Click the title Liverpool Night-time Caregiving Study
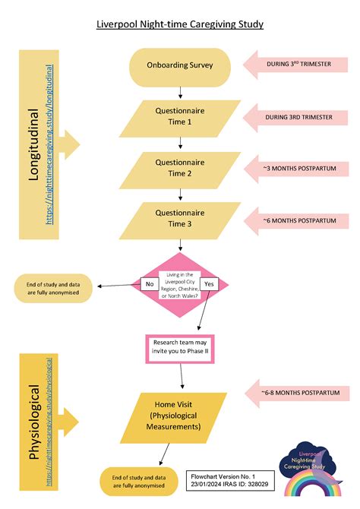point(180,24)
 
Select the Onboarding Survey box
point(180,65)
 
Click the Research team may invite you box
point(180,347)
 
